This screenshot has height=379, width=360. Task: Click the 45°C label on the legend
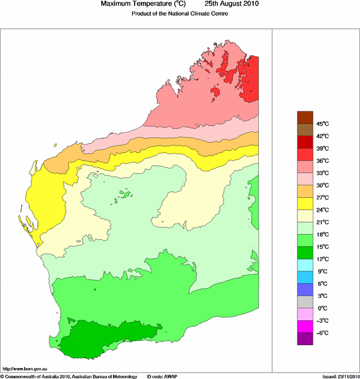tap(322, 124)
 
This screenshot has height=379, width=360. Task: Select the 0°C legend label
tap(322, 308)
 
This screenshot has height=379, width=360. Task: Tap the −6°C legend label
tap(322, 333)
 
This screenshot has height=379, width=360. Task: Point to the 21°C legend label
tap(322, 222)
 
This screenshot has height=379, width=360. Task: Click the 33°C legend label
tap(322, 173)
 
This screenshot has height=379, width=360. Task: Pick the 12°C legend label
tap(322, 259)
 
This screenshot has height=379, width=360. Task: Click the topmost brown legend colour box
tap(305, 117)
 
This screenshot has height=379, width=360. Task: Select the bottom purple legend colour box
tap(305, 339)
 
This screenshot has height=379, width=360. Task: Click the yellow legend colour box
tap(305, 204)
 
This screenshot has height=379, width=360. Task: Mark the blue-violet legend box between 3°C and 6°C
tap(305, 290)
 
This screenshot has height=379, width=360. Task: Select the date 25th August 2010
tap(232, 4)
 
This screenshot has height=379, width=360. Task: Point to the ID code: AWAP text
tap(163, 376)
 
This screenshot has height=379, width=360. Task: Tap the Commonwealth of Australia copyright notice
tap(68, 376)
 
